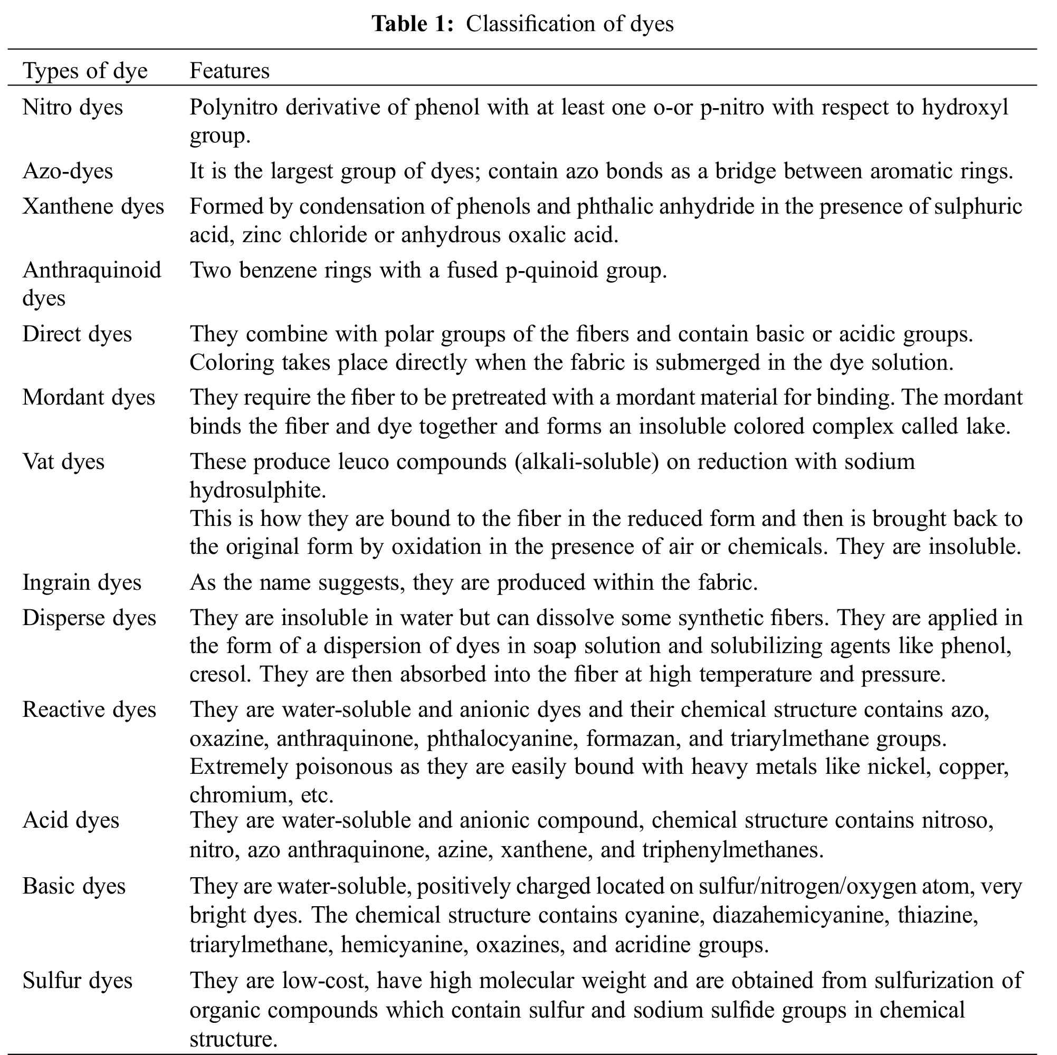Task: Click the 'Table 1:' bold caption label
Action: coord(413,24)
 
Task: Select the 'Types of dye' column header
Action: coord(85,71)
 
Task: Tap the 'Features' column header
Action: coord(229,71)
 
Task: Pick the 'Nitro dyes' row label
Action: coord(72,107)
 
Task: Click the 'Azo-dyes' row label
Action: coord(68,171)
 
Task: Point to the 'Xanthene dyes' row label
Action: coord(93,207)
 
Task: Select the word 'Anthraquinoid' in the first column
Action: coord(91,270)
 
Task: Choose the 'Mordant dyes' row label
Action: coord(89,398)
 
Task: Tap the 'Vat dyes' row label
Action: coord(63,462)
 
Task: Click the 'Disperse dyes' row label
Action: coord(89,618)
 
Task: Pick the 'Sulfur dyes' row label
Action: coord(77,981)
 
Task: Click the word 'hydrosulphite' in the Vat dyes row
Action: coord(257,491)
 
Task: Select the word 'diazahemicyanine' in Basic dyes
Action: coord(799,916)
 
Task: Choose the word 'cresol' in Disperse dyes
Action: coord(220,674)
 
